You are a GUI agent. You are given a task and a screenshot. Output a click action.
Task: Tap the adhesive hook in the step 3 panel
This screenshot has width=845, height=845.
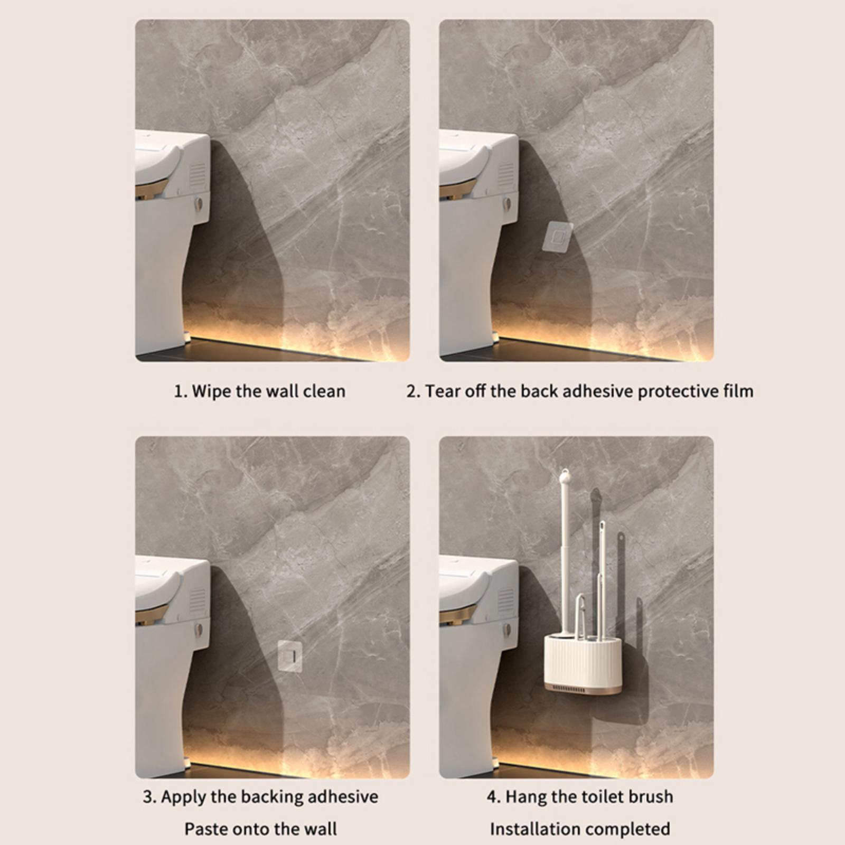(289, 656)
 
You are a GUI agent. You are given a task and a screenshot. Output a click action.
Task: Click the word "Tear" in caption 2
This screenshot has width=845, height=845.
(443, 391)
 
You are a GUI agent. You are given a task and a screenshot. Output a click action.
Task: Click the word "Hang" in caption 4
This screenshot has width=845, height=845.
(524, 797)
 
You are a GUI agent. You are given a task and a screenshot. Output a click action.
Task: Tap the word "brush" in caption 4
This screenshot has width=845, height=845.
(649, 796)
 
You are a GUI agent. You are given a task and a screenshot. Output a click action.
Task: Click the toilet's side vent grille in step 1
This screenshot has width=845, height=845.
(198, 176)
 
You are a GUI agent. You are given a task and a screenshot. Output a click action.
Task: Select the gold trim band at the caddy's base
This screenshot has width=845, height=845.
(583, 690)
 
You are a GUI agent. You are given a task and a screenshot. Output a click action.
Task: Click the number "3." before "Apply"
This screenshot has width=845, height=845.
(149, 797)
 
